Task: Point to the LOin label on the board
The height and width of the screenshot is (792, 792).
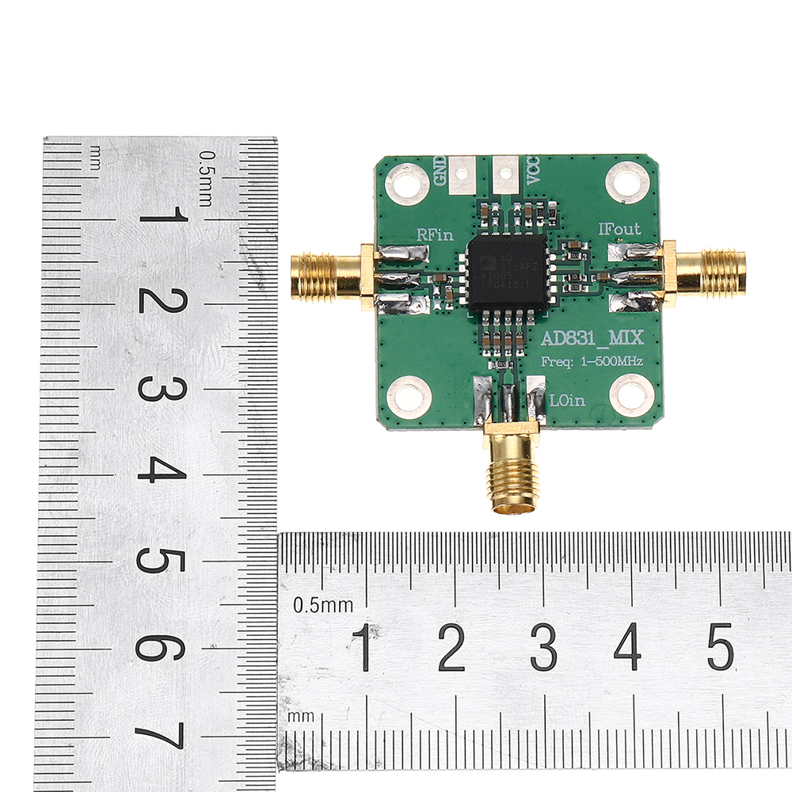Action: pos(567,401)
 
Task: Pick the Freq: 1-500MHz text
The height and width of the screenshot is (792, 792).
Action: pos(591,361)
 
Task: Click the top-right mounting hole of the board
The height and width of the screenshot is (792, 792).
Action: pos(627,182)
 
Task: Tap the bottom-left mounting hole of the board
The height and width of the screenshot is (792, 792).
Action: pos(409,396)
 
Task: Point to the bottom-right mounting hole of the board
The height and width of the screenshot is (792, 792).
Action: pos(632,394)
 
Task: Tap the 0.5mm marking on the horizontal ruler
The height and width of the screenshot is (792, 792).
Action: pos(323,606)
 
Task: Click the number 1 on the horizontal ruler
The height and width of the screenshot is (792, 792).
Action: pos(363,645)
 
